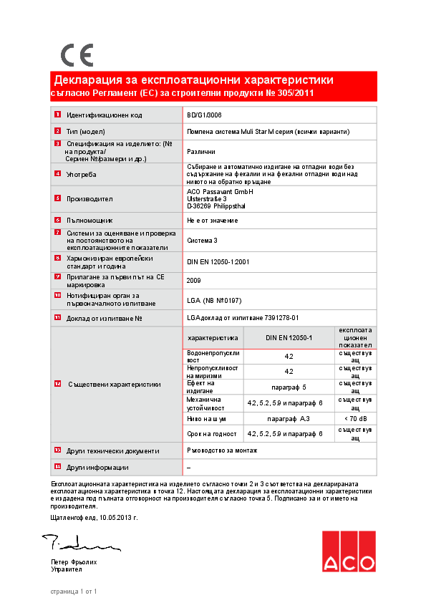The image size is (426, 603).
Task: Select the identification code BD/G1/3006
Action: pos(204,115)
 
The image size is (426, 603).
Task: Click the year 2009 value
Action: pos(193,281)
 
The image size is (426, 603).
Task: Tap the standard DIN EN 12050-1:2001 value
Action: pos(218,262)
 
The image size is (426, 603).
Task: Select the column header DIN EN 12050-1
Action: pos(289,337)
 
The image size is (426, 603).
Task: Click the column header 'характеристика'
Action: pos(212,337)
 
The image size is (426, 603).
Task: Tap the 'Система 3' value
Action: pos(201,241)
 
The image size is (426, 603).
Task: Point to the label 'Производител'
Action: pos(89,198)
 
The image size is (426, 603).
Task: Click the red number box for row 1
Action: pos(57,115)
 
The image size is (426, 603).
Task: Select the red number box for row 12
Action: pos(57,384)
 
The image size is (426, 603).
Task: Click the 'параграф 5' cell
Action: pos(289,387)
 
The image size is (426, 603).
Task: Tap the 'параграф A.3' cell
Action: pos(289,418)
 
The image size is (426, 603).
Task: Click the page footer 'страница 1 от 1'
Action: pos(73,591)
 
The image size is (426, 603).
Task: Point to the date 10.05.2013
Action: pos(118,516)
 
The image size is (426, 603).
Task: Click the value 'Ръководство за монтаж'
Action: pos(221,450)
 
